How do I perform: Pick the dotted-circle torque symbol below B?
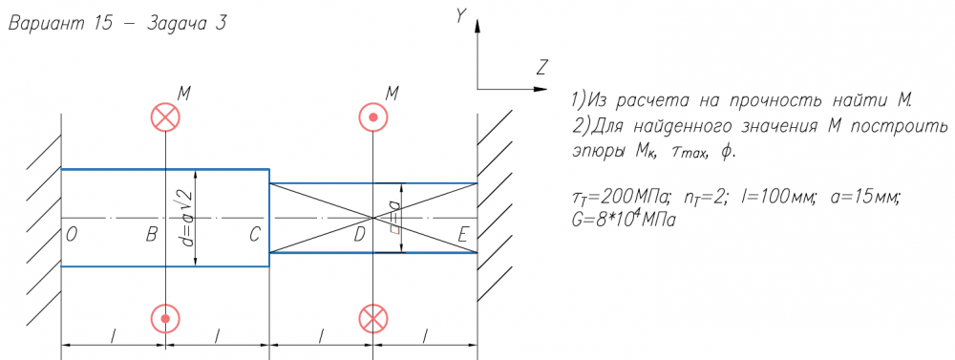point(165,319)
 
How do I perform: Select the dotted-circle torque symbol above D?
point(372,116)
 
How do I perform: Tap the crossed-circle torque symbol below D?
point(372,319)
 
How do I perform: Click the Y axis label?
point(461,17)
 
